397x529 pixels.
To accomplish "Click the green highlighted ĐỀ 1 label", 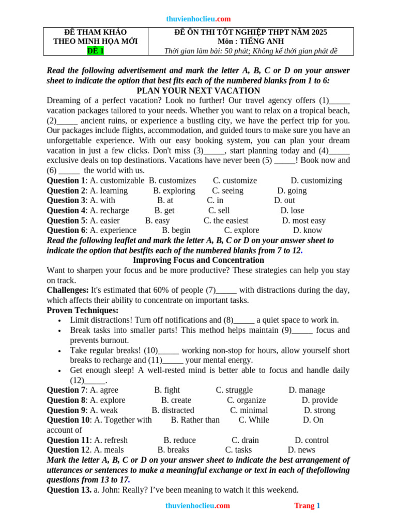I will (x=96, y=51).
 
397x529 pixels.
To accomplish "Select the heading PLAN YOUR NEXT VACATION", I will (x=198, y=90).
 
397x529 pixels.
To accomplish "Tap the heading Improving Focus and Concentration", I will (x=198, y=260).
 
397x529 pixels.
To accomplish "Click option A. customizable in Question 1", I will (x=117, y=180).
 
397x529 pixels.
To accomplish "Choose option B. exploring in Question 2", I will (x=174, y=190).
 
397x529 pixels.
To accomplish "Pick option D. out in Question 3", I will (x=284, y=200).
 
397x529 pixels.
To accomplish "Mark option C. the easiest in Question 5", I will (x=226, y=220).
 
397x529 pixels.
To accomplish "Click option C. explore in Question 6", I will (x=241, y=230).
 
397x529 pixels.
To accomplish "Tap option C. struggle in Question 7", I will (x=234, y=390).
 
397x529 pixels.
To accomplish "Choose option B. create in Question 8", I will (x=176, y=400).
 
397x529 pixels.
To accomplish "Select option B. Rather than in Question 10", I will (x=195, y=420).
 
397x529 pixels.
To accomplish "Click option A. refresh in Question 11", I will (x=109, y=440).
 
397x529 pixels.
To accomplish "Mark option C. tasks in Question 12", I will (x=238, y=450).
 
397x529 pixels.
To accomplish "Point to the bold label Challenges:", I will (x=68, y=290).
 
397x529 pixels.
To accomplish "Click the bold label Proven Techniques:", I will (x=83, y=310).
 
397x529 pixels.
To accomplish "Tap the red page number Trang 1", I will (x=307, y=506).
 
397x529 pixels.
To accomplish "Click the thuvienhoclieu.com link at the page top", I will (x=198, y=19).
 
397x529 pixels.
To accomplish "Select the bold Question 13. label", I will (x=69, y=490).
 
